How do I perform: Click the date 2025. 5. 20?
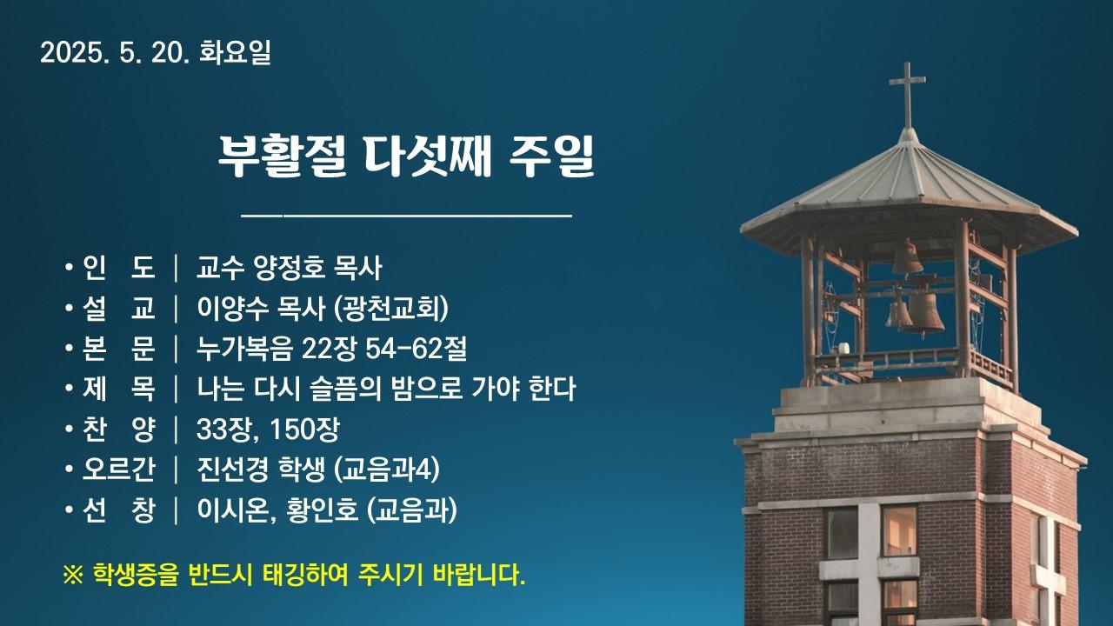point(114,53)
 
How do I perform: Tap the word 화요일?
point(235,53)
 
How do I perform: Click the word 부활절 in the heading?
point(282,156)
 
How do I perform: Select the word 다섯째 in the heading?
point(428,156)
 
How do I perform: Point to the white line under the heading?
point(406,216)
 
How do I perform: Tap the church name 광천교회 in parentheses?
point(392,308)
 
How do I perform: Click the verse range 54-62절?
point(416,349)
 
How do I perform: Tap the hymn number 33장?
point(226,429)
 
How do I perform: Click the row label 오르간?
point(119,469)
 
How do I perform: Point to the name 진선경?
point(232,469)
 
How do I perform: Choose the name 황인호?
point(322,510)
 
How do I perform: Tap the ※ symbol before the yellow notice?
point(72,576)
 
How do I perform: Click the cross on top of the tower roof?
point(907,95)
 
